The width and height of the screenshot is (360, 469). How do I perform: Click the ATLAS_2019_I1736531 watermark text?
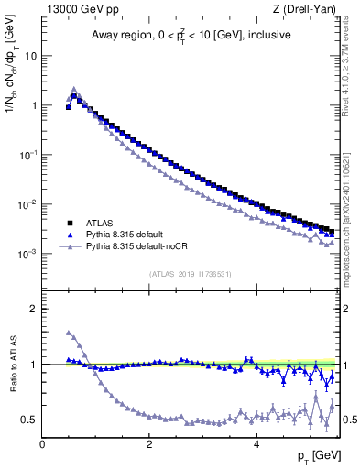(x=190, y=275)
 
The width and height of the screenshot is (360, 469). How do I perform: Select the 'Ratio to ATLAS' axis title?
(x=12, y=365)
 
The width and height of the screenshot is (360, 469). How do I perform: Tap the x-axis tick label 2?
(x=148, y=446)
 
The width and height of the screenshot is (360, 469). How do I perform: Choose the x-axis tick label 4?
(x=256, y=446)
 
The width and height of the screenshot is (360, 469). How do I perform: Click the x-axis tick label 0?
(x=42, y=446)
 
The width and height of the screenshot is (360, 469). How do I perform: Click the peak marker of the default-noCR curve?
(x=74, y=90)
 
